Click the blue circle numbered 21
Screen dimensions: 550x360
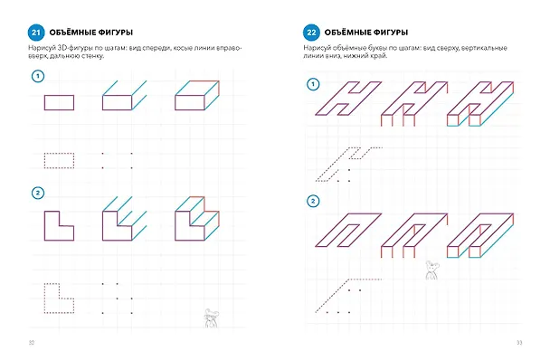[x=36, y=33]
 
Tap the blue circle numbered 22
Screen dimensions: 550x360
[x=311, y=33]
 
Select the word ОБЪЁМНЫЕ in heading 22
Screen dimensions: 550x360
[x=345, y=33]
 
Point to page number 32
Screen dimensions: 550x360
[x=32, y=343]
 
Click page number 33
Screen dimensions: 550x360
[x=519, y=343]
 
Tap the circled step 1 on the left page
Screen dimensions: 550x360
[x=38, y=76]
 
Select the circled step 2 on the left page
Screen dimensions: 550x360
[x=38, y=193]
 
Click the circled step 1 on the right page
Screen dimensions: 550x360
[x=313, y=84]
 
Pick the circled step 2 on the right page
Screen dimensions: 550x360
[x=313, y=202]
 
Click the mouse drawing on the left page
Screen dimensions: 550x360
[x=211, y=317]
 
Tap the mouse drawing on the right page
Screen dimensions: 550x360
[x=432, y=270]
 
